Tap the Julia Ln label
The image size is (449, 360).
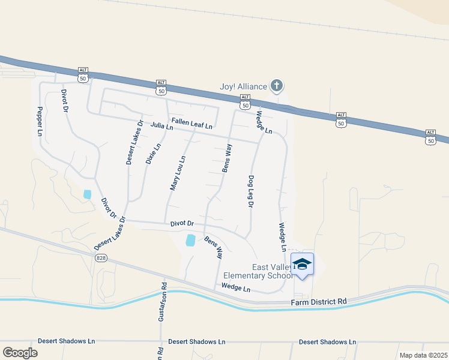(x=162, y=126)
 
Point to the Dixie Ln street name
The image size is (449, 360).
(x=154, y=154)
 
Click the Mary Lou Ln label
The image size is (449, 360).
(x=178, y=173)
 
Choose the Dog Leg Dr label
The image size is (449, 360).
(x=251, y=191)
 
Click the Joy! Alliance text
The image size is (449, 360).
(x=243, y=87)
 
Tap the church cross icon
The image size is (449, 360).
(x=276, y=86)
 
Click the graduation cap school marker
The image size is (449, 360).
(x=303, y=265)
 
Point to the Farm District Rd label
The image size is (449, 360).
(x=319, y=301)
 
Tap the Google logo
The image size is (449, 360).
(x=20, y=352)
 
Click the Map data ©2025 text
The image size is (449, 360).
(x=423, y=355)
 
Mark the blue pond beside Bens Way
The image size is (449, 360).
(x=191, y=240)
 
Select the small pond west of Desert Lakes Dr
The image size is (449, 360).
(x=88, y=194)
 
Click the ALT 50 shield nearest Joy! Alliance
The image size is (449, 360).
(x=244, y=101)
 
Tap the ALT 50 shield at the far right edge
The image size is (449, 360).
(x=430, y=137)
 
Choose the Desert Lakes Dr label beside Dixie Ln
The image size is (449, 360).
(x=134, y=143)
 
